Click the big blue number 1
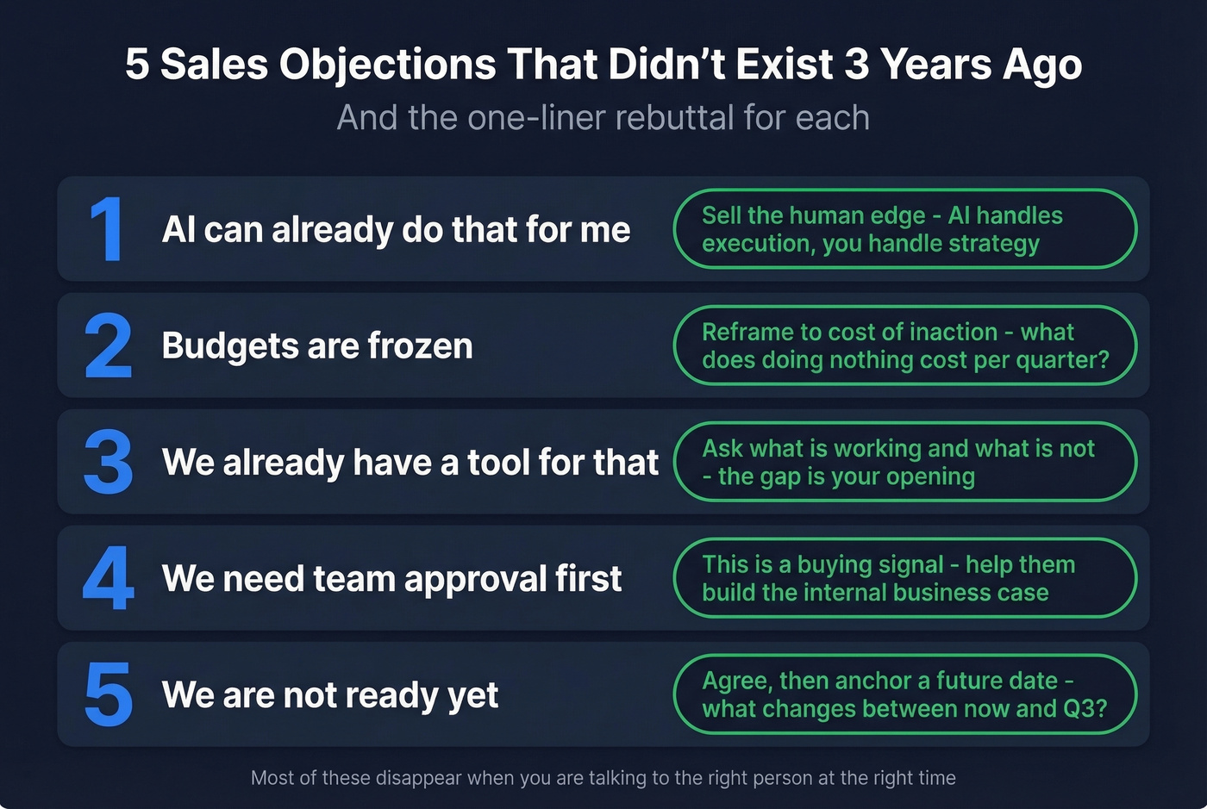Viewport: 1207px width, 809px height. (108, 229)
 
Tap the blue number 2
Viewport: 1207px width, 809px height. (109, 345)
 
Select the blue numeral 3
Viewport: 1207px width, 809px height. (109, 462)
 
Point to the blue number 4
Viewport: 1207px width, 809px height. (109, 578)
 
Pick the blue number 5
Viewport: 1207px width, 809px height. (109, 694)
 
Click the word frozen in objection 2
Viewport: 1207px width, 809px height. (420, 346)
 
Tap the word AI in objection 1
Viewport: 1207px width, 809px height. (178, 230)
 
